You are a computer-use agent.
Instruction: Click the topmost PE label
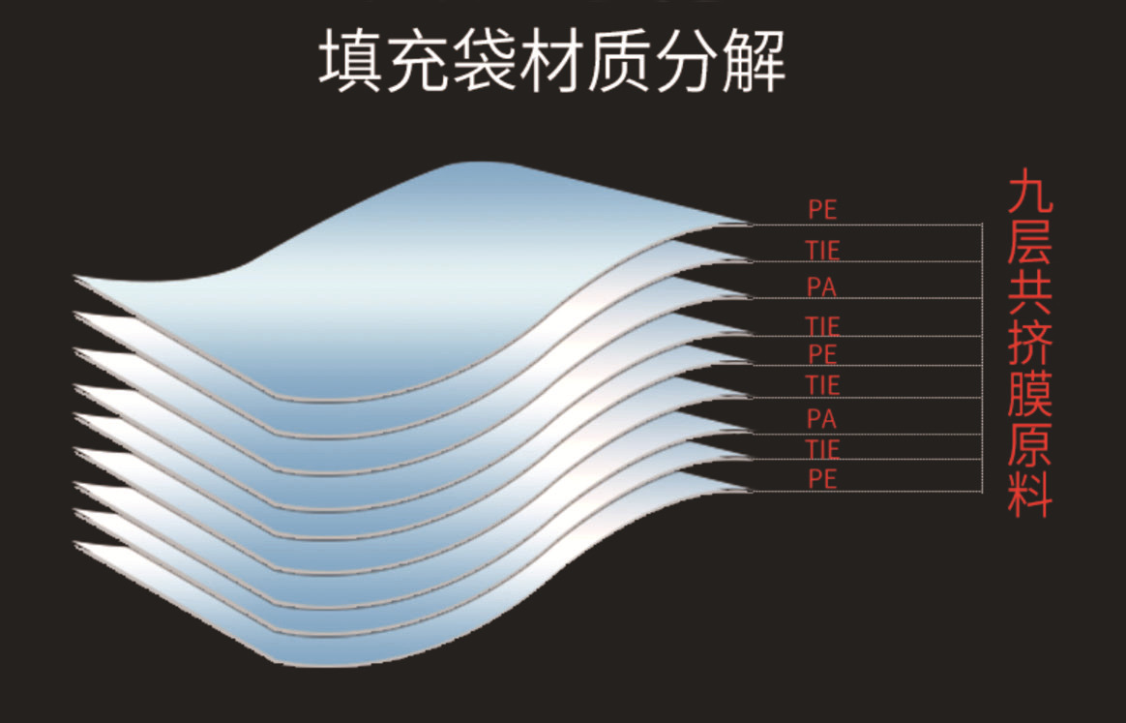(x=821, y=210)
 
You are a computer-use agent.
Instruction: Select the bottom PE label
(x=821, y=478)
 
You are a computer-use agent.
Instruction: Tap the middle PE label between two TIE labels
(x=821, y=353)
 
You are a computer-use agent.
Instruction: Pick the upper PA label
(x=821, y=287)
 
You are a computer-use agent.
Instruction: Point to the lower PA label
(x=821, y=419)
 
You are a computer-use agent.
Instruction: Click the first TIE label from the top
(x=822, y=251)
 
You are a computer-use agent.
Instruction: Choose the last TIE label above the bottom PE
(x=822, y=449)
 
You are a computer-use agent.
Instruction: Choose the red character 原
(x=1029, y=444)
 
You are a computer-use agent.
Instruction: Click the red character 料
(x=1029, y=494)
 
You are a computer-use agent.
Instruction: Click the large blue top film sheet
(x=435, y=271)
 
